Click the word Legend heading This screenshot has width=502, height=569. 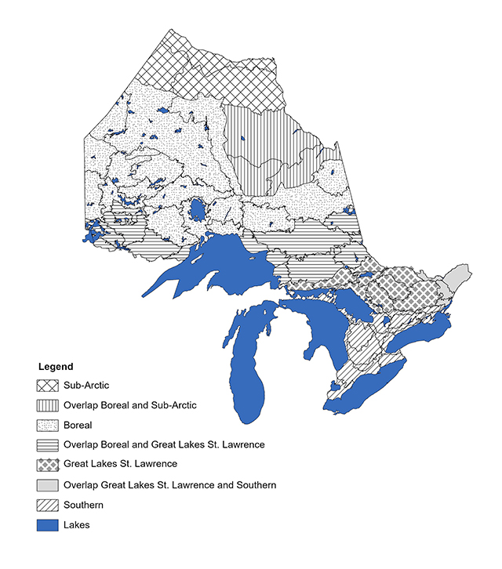coord(56,367)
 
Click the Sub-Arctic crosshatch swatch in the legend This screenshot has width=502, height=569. coord(49,386)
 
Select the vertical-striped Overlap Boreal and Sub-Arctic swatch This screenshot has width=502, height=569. coord(49,405)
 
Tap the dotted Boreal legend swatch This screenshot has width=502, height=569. coord(49,426)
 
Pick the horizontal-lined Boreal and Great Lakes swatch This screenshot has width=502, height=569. coord(49,445)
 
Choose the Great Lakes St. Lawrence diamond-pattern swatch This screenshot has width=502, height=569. coord(49,465)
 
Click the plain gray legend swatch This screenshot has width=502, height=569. coord(49,485)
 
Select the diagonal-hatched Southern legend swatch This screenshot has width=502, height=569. coord(49,506)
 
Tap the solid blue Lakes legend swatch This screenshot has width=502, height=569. coord(49,525)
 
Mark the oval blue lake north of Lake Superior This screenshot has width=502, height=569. coord(196,211)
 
